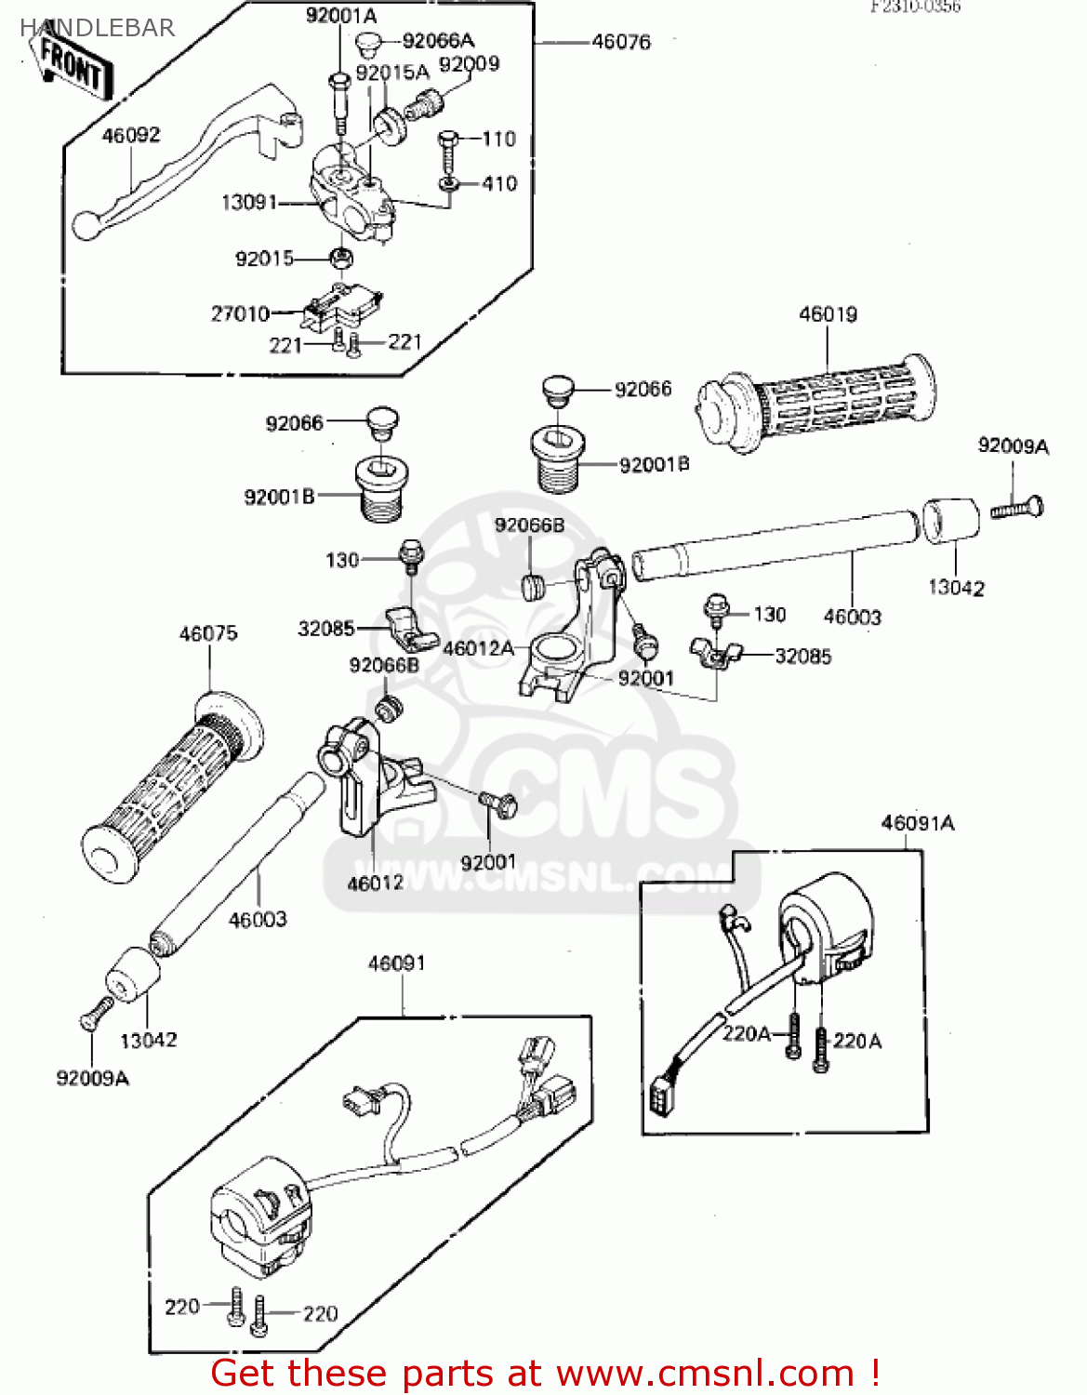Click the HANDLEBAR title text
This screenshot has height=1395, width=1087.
98,28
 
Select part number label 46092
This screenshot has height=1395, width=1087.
131,136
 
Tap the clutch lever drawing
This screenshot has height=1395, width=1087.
177,163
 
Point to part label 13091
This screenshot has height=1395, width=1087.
249,202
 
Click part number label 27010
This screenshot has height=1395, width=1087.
240,314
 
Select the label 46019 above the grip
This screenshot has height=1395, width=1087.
828,314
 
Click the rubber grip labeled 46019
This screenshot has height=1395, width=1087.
818,405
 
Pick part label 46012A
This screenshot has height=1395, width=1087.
478,648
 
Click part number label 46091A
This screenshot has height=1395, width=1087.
918,823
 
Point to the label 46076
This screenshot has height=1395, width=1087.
621,42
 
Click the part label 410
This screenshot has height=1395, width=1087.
499,184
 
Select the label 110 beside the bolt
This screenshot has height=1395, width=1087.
498,139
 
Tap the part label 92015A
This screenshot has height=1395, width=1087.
392,73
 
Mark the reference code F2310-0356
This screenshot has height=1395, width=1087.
915,7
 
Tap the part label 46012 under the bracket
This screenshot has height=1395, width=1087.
375,883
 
